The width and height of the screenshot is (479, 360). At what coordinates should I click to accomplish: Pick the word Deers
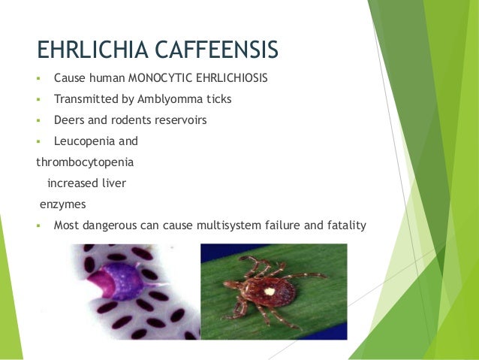pyautogui.click(x=70, y=119)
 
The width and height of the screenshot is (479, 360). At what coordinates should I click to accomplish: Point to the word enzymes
pyautogui.click(x=62, y=204)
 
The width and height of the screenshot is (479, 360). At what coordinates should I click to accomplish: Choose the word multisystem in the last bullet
pyautogui.click(x=247, y=225)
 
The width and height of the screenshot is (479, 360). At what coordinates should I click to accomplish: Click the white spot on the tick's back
pyautogui.click(x=267, y=291)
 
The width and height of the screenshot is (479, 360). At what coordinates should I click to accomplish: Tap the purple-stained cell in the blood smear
pyautogui.click(x=120, y=282)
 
